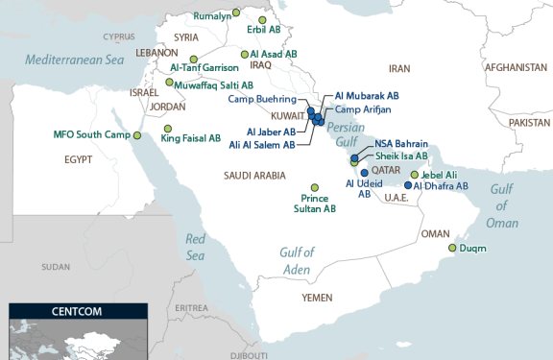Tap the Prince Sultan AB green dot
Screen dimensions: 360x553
click(314, 188)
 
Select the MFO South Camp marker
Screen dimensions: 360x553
click(136, 135)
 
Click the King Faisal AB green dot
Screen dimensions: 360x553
click(168, 128)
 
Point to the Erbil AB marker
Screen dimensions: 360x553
click(262, 19)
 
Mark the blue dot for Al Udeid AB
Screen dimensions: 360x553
click(364, 173)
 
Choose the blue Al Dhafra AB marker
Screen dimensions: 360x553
click(408, 185)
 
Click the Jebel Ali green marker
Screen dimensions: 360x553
click(414, 175)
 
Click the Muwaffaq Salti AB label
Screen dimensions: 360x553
click(216, 85)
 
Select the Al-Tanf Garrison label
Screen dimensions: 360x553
click(204, 67)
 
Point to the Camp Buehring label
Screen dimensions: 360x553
click(262, 99)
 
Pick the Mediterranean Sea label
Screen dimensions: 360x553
click(75, 60)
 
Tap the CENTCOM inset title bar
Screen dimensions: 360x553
click(78, 311)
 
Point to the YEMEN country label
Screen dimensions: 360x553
click(317, 298)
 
